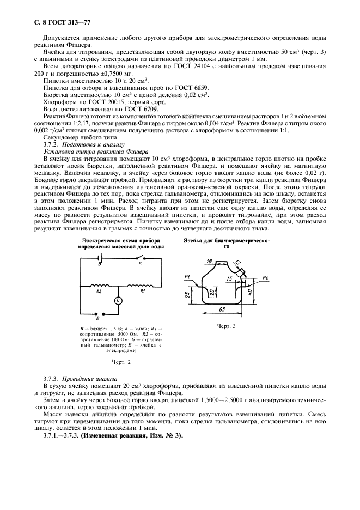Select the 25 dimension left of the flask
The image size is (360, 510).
point(187,295)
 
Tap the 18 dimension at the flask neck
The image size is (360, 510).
point(210,262)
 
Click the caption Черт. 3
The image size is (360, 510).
point(226,326)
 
